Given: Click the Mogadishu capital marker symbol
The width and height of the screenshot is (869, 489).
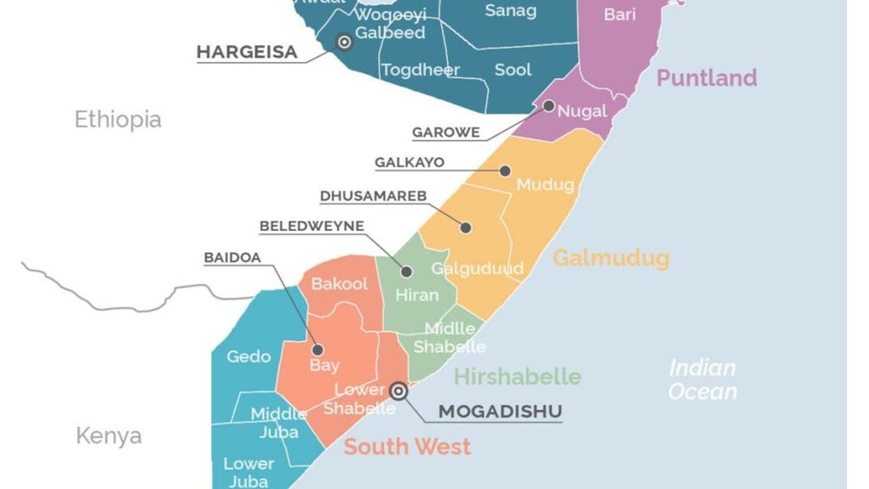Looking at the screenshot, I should (x=398, y=391).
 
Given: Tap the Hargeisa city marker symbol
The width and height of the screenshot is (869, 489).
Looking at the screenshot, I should (x=345, y=42).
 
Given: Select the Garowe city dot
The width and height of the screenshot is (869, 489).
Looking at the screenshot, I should (x=549, y=106).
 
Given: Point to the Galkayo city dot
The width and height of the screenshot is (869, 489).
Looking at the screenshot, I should (x=505, y=171).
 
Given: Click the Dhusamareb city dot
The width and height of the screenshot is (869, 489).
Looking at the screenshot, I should (x=466, y=227).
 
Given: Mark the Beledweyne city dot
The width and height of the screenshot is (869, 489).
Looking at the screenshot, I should (x=406, y=272).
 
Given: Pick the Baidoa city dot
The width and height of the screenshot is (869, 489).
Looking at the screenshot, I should (x=317, y=349).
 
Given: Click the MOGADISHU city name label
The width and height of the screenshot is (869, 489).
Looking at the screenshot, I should (x=500, y=413).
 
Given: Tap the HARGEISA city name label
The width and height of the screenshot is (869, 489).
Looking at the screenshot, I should (x=247, y=53).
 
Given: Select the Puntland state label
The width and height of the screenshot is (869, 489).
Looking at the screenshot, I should (x=706, y=78).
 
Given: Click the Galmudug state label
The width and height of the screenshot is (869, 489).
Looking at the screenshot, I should (x=611, y=257).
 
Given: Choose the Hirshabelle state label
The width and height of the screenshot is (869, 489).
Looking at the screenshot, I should (x=517, y=376).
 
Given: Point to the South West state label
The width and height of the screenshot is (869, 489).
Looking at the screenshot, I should (x=406, y=447).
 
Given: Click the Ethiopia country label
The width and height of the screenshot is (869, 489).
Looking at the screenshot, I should (x=117, y=119).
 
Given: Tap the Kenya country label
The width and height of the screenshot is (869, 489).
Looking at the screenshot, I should (x=109, y=436).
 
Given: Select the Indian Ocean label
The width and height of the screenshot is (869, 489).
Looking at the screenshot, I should (x=702, y=379).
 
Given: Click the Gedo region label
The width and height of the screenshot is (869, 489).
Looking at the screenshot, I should (x=248, y=357).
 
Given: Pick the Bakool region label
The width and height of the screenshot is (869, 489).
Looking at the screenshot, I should (x=339, y=284).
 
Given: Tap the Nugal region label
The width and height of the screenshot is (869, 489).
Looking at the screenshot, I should (x=582, y=111).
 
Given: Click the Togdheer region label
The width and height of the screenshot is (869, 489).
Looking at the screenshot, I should (x=420, y=70).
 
